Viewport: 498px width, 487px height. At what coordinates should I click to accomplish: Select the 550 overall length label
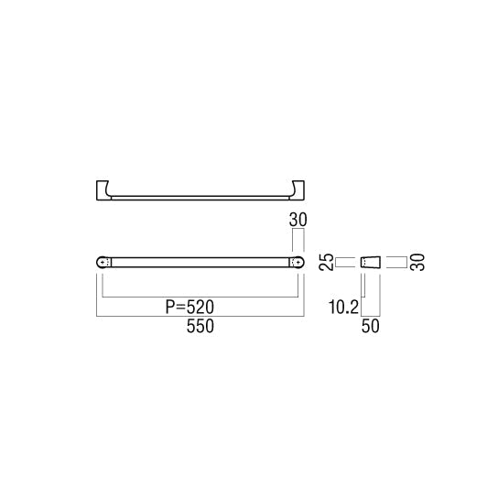tap(200, 330)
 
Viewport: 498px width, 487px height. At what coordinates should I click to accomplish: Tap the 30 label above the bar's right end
tap(297, 221)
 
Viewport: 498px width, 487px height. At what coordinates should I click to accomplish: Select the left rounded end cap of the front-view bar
tap(103, 262)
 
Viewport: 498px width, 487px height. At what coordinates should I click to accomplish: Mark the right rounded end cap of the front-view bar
tap(297, 262)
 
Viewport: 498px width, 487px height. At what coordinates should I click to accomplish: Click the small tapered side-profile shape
tap(371, 262)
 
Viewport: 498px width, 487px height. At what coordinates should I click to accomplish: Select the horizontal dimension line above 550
tap(200, 318)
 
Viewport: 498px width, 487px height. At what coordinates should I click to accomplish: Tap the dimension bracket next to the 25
tap(344, 262)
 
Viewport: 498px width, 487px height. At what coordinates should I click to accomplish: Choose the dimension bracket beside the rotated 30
tap(395, 262)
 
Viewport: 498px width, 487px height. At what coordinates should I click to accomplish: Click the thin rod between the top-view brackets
tap(200, 196)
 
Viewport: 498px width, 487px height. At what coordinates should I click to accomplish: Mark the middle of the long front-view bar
tap(200, 262)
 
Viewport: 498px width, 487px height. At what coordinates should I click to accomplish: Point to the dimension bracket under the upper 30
tap(297, 240)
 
